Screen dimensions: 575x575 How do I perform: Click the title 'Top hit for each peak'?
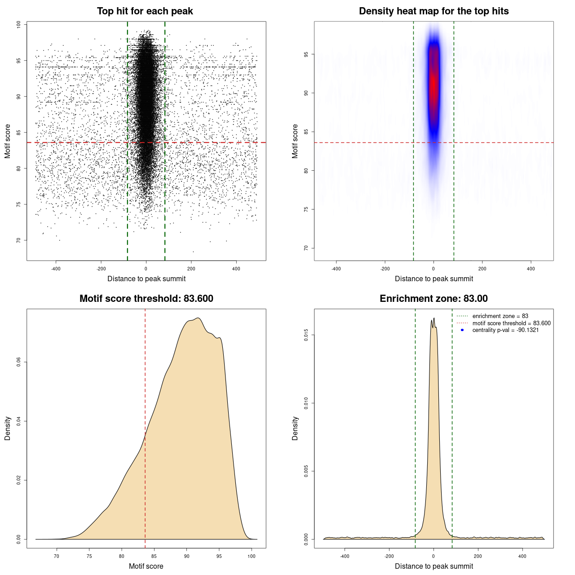[145, 11]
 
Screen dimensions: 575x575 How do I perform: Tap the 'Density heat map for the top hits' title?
[433, 11]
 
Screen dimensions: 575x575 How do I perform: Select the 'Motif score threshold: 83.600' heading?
[146, 299]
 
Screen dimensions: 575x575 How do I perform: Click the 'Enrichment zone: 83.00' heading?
[433, 299]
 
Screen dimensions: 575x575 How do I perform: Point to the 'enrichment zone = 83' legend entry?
[500, 316]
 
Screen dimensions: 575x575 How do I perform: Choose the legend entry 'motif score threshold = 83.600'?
[511, 323]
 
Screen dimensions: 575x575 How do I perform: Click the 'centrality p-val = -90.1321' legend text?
[505, 330]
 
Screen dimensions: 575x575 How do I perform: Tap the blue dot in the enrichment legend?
[462, 330]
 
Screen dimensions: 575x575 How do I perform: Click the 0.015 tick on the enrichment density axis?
[306, 335]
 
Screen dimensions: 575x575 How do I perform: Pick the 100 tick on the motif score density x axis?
[252, 556]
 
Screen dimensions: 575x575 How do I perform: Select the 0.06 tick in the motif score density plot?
[18, 362]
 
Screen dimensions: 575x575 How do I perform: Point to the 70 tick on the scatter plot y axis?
[18, 240]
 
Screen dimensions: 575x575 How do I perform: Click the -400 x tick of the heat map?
[336, 269]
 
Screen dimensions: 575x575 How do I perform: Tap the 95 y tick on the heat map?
[306, 54]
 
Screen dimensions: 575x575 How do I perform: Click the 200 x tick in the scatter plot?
[191, 269]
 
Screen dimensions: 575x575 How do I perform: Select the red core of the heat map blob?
[433, 83]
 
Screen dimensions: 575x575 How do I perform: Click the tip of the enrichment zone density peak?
[434, 318]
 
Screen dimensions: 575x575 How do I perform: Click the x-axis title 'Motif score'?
[146, 566]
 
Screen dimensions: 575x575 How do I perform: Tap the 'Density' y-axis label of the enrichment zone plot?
[295, 428]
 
